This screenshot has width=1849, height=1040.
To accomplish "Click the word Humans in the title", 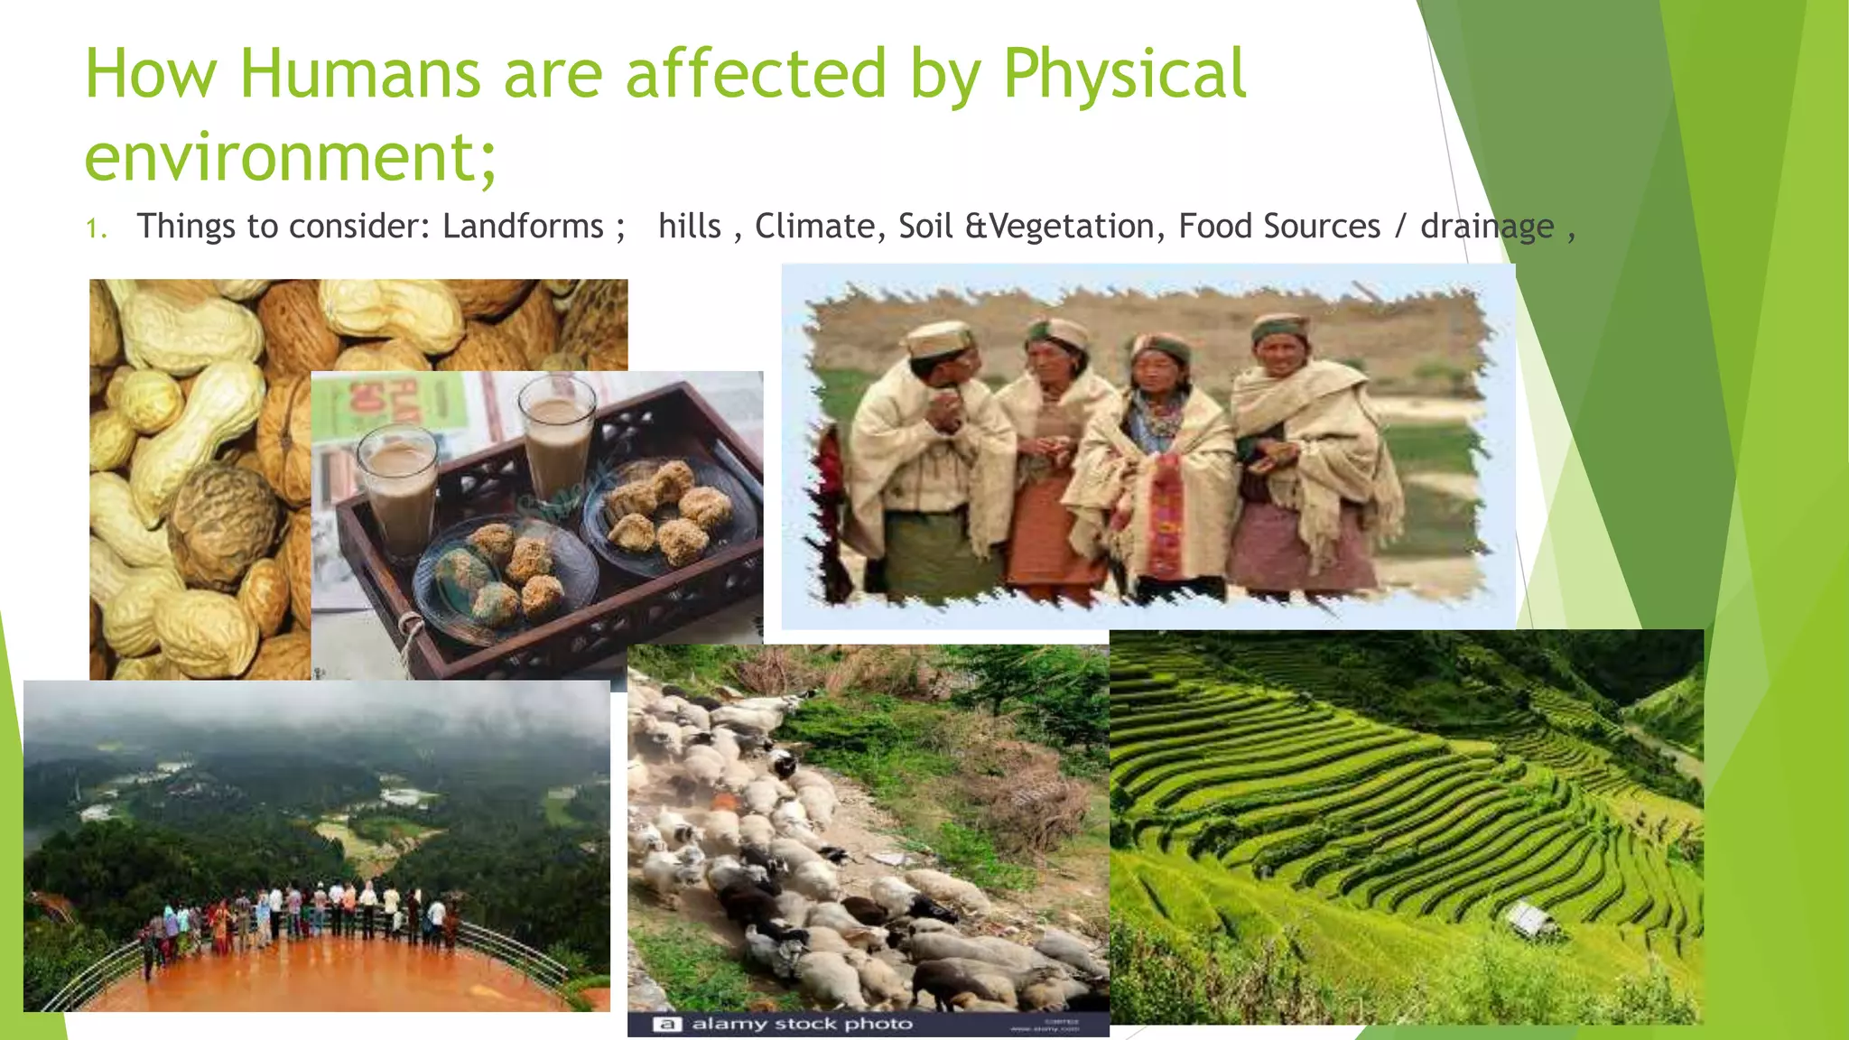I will pos(359,74).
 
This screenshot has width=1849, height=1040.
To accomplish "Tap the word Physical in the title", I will pos(1124,74).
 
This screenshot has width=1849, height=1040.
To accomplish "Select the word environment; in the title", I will pos(291,157).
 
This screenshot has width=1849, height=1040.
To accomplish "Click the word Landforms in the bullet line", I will pos(523,226).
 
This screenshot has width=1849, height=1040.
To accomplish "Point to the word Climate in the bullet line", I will pos(814,226).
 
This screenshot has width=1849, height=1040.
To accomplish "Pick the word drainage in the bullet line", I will pos(1487,226).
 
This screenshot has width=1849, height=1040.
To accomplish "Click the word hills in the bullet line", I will pos(690,226).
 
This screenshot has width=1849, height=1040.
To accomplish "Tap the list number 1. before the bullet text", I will pos(97,227).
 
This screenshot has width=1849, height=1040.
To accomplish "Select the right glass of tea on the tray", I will pos(558,442).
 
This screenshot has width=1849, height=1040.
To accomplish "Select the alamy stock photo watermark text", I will pos(802,1024).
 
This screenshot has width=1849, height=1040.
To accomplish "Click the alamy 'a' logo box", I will pos(666,1024).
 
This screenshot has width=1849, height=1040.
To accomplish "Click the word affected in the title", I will pos(756,74).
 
